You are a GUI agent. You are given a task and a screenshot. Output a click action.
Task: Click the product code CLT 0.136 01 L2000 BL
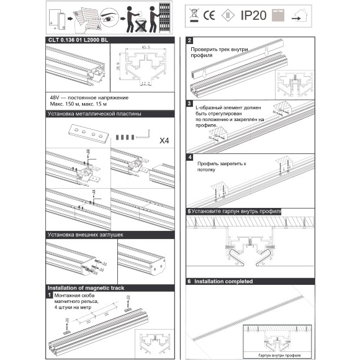coord(78,41)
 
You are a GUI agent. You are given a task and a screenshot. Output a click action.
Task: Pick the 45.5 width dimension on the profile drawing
coord(146,48)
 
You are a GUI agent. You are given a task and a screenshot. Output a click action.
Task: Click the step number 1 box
coord(50,296)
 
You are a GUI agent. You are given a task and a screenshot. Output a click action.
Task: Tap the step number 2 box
coord(189,41)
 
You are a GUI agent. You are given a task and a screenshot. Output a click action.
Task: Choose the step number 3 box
coord(189,103)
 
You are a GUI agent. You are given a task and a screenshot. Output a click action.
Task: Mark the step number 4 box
coord(189,158)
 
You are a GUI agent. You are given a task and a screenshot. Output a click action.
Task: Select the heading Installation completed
coord(223,281)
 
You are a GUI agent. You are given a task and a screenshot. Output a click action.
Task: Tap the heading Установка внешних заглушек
coord(86,235)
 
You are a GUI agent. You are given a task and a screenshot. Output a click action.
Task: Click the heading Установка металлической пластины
coord(95,115)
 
